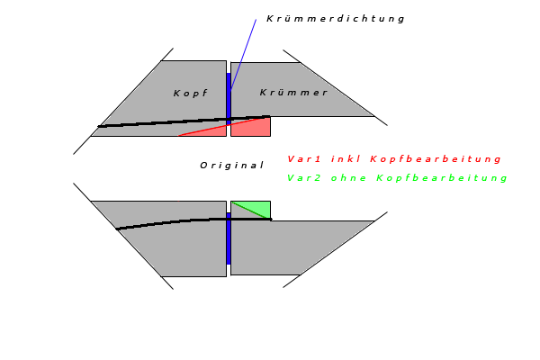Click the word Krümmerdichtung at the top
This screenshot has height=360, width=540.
click(x=336, y=18)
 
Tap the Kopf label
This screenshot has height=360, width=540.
click(x=190, y=94)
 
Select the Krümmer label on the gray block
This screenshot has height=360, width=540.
click(x=293, y=93)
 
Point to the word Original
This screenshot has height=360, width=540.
click(x=231, y=165)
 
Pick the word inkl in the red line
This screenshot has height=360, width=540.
click(x=346, y=159)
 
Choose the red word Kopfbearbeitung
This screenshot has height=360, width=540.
click(x=436, y=159)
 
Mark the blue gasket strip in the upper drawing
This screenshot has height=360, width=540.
click(x=229, y=99)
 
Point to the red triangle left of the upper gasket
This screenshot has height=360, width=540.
click(x=212, y=131)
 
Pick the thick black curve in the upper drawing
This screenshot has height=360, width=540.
click(x=162, y=122)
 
